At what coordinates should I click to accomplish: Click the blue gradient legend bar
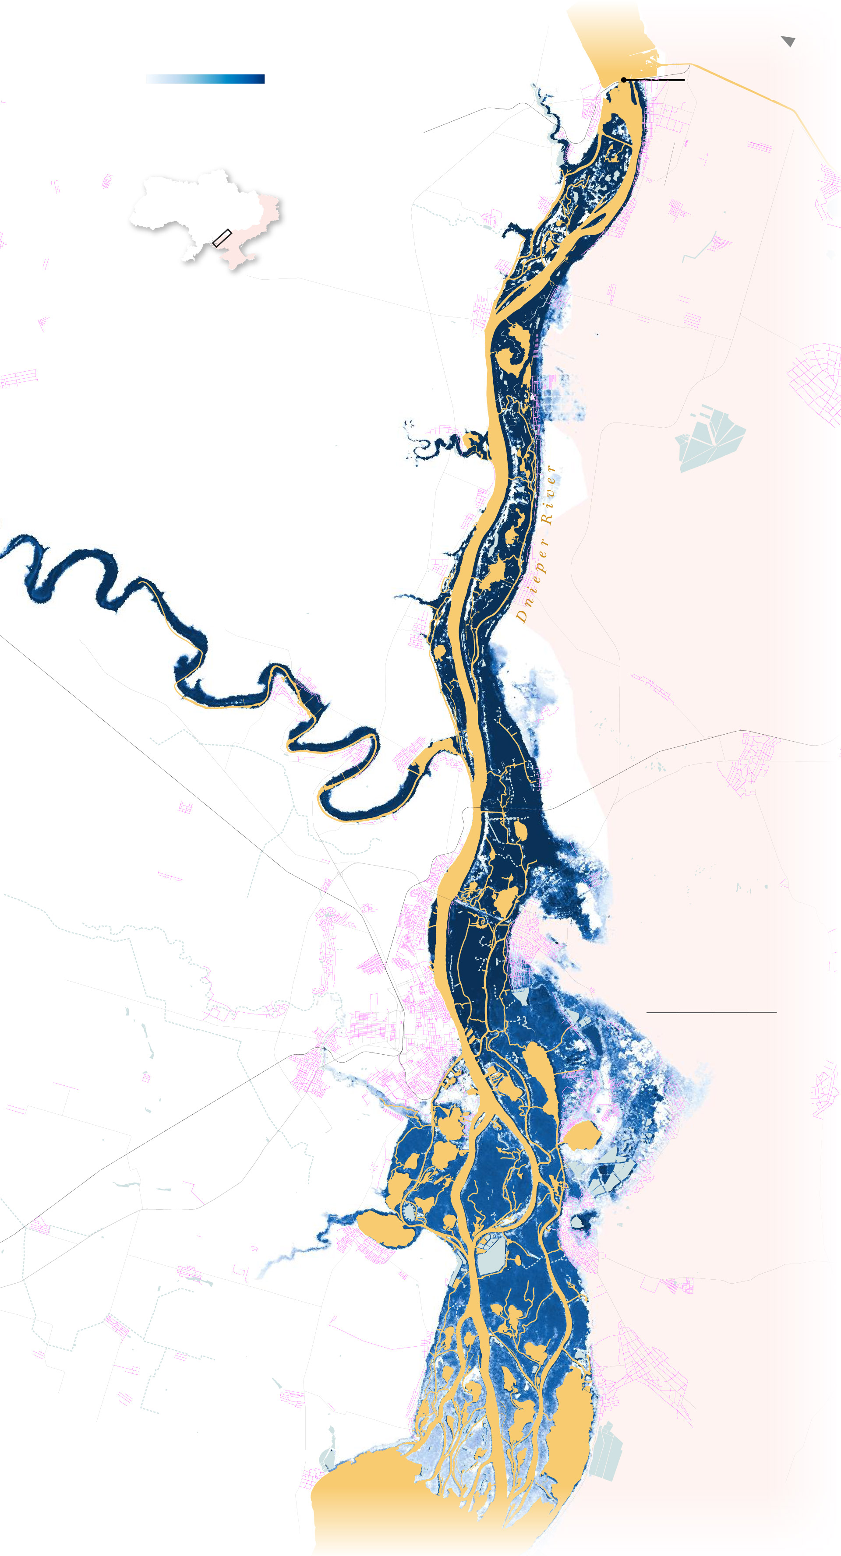[205, 78]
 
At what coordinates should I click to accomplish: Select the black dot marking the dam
[623, 80]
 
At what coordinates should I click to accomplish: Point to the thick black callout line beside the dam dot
[656, 80]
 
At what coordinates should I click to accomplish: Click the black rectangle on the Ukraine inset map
[222, 238]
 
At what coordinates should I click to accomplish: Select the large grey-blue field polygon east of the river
[710, 438]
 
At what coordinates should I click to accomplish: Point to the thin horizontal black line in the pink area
[711, 1012]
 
